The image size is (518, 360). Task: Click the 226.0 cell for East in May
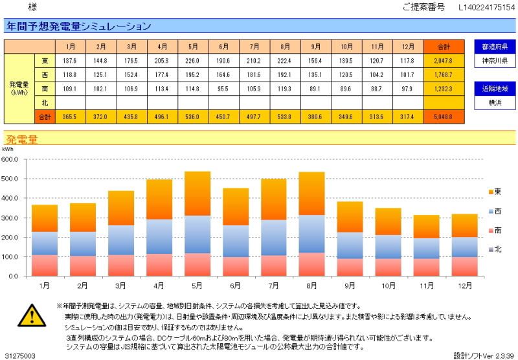click(x=193, y=60)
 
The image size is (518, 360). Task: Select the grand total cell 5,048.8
click(x=444, y=117)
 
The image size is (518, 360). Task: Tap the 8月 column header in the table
click(x=286, y=47)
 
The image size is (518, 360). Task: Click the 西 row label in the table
click(x=44, y=74)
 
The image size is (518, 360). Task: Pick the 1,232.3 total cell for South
click(x=444, y=89)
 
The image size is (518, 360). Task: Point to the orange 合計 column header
click(x=444, y=47)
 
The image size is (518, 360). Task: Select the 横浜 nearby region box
click(x=495, y=103)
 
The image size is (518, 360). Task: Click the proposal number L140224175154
click(x=486, y=8)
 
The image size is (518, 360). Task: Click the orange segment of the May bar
click(x=197, y=193)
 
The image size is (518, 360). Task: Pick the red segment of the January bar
click(x=45, y=265)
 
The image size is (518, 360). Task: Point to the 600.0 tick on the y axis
click(x=11, y=159)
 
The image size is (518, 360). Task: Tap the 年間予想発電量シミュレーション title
click(x=78, y=27)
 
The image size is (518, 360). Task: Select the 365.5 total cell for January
click(x=70, y=117)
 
